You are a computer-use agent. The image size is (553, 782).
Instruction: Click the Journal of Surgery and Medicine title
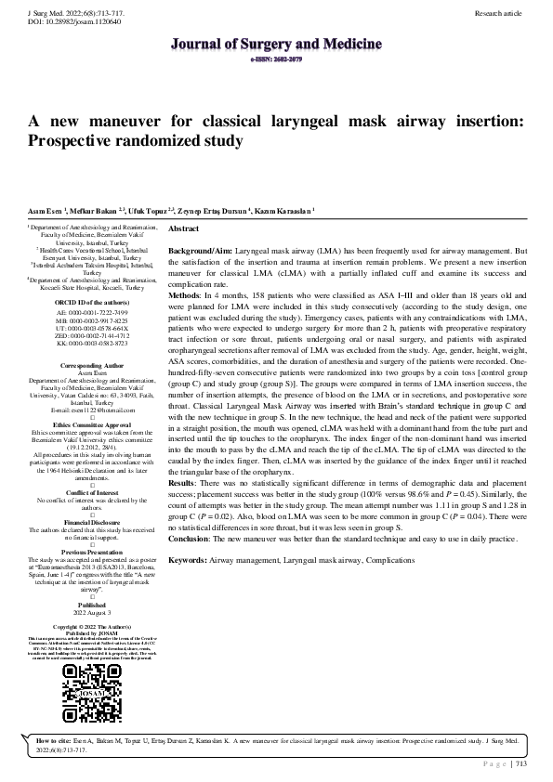point(276,44)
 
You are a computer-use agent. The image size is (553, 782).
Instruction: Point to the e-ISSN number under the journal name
point(276,58)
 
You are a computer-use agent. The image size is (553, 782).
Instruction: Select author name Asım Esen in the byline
point(44,213)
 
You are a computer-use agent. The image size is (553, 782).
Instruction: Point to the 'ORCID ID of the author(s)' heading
point(92,302)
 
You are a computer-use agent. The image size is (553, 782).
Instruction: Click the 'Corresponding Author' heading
point(92,367)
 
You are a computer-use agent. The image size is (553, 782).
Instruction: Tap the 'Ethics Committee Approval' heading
point(92,423)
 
